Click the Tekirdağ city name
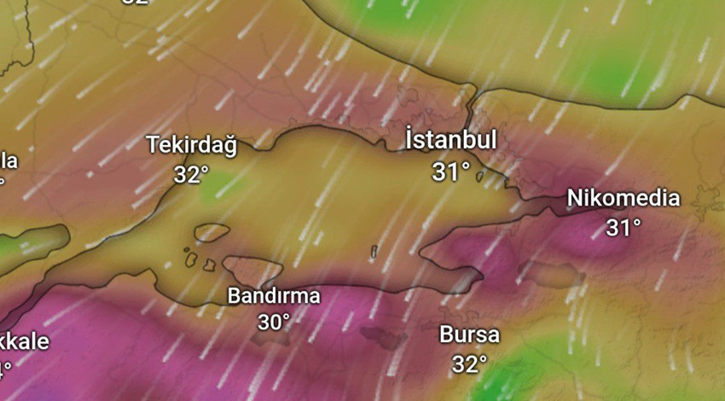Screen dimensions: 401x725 191,145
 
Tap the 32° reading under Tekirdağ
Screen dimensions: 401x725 191,174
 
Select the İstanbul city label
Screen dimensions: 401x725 450,140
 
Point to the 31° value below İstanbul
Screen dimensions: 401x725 451,171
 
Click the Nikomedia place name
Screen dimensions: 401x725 623,199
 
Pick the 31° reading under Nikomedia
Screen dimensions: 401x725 623,228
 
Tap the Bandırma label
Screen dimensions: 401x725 274,296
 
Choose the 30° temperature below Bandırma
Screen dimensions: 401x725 274,322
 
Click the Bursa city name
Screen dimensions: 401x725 469,334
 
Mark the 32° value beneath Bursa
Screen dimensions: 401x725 469,364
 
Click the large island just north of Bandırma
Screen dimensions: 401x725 252,270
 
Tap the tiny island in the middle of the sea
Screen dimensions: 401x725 374,252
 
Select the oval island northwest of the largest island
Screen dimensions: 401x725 212,232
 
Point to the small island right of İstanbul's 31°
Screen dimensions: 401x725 480,177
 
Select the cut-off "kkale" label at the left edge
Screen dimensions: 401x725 24,342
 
